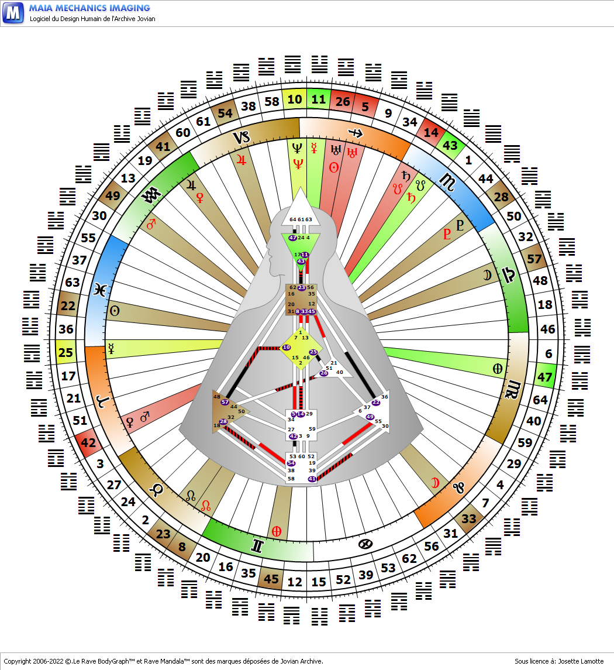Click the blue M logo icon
tap(13, 12)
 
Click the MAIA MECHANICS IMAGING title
tap(89, 8)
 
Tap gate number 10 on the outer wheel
tap(294, 99)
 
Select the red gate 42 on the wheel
tap(88, 443)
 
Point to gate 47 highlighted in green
tap(544, 377)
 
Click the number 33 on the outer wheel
tap(469, 518)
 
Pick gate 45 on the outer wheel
tap(271, 579)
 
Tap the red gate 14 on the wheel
tap(431, 133)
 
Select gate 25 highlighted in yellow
tap(66, 353)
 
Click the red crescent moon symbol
tap(435, 483)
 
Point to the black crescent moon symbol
tap(487, 274)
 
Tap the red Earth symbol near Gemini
tap(276, 531)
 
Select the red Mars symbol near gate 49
tap(151, 224)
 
